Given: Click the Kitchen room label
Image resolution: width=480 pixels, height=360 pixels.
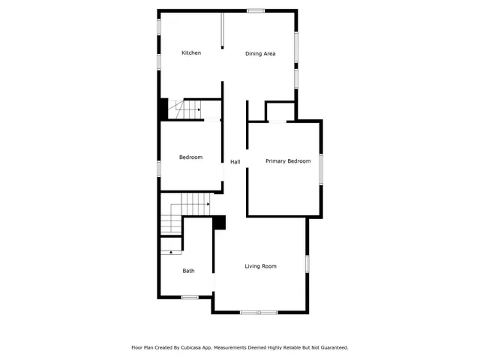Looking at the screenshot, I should [x=191, y=53].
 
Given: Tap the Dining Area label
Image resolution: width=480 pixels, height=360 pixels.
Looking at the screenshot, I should [x=260, y=54].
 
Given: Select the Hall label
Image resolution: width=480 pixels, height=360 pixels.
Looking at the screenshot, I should [x=235, y=162].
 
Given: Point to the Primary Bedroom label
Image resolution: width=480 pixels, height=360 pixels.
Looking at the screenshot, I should [x=288, y=161].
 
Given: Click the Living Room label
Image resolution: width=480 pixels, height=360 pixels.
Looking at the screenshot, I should [x=260, y=266].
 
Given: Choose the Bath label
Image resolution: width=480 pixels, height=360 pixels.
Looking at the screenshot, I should [x=188, y=271].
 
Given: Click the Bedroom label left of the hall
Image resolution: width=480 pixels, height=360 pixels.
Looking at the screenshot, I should [x=190, y=157].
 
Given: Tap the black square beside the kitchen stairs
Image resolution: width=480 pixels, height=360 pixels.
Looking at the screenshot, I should [x=162, y=109].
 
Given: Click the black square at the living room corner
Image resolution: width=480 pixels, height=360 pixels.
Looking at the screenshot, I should [x=220, y=222].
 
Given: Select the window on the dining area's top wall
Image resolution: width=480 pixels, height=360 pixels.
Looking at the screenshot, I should [x=256, y=10].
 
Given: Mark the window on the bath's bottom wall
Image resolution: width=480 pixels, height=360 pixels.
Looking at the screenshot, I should [x=190, y=298].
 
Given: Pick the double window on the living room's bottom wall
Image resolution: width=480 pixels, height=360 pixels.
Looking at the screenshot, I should [x=259, y=312].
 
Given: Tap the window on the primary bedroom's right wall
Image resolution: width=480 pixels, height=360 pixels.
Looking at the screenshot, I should [x=321, y=168].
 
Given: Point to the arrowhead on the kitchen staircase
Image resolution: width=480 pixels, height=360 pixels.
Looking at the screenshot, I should [x=199, y=110].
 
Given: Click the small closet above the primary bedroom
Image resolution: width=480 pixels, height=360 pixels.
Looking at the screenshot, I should [x=280, y=112].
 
